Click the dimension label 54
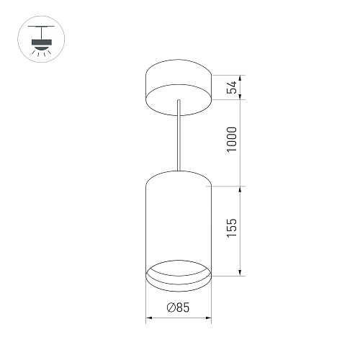click(230, 87)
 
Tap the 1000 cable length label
click(230, 143)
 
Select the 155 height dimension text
click(230, 231)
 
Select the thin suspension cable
click(178, 137)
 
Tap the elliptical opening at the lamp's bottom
click(178, 274)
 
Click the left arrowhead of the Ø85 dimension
click(149, 317)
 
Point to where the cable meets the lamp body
click(178, 171)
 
